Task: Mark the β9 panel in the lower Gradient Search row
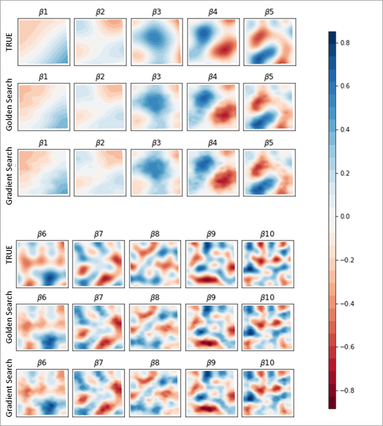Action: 211,392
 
